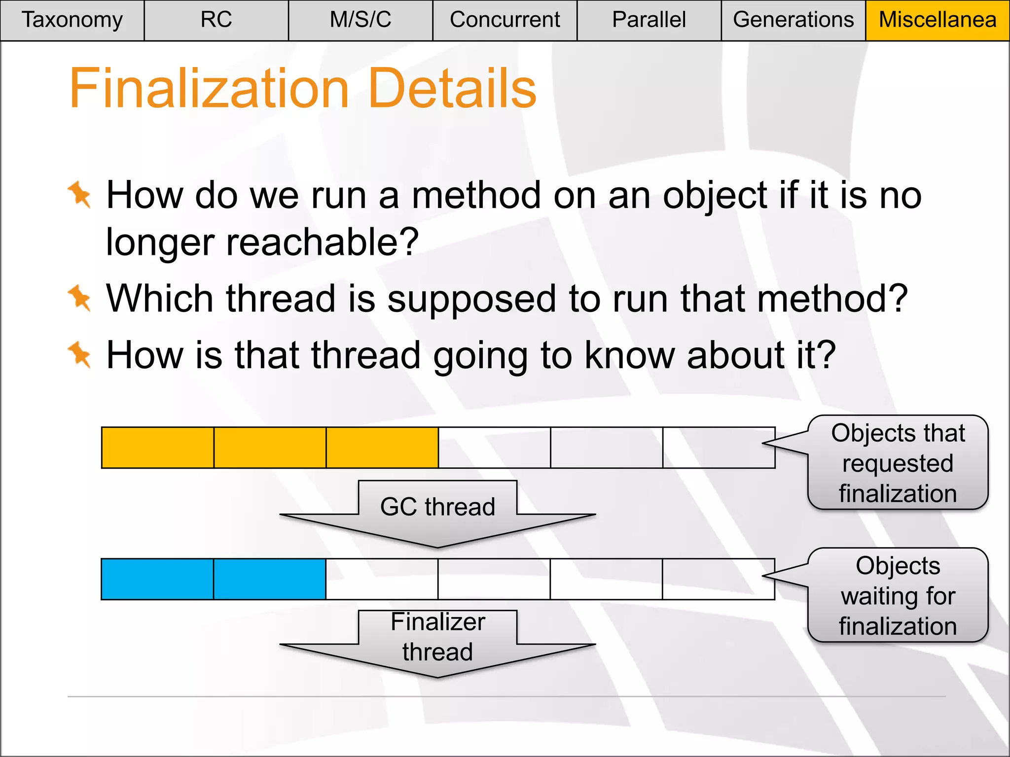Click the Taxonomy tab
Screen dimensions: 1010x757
72,20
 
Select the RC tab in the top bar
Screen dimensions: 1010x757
216,20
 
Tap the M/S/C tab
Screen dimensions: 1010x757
361,20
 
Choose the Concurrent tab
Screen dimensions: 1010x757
505,20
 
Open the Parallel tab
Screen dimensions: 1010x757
649,20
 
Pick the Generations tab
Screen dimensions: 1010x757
793,20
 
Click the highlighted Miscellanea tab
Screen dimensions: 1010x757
938,20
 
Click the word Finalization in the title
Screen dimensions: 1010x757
209,89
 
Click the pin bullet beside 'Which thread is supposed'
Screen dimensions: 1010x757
80,298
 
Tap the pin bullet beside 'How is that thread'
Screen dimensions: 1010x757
80,354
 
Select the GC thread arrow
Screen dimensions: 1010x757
437,513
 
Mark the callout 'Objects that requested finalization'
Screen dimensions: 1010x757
898,463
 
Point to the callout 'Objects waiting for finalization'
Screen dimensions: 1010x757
898,595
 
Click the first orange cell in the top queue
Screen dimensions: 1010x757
158,447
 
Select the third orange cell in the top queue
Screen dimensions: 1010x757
382,447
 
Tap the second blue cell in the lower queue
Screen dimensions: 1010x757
270,579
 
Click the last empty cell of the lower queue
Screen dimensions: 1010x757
718,579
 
